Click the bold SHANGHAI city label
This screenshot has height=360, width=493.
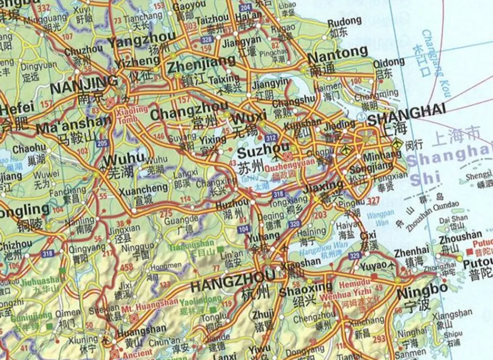[406, 113]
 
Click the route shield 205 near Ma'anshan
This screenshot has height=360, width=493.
[102, 143]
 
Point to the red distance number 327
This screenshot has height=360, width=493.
[373, 201]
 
